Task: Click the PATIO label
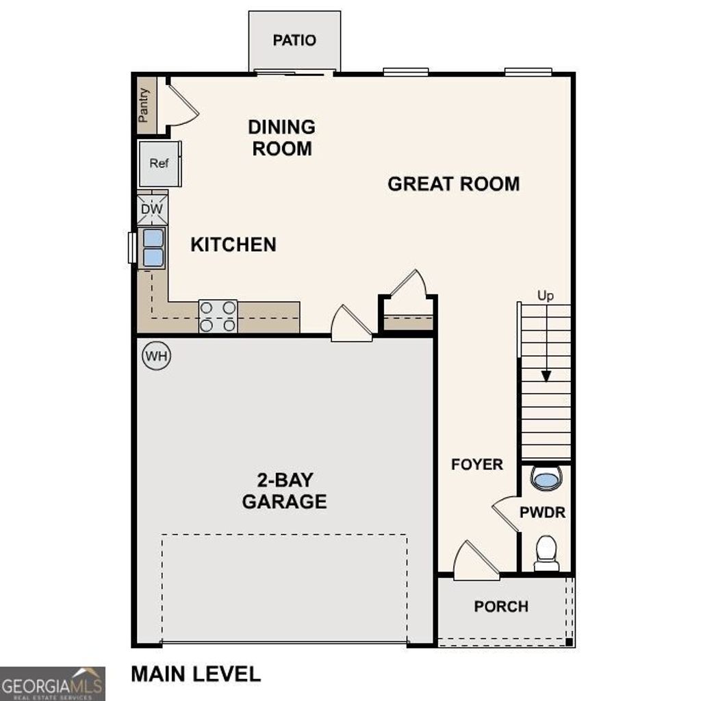[x=294, y=40]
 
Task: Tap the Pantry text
[x=144, y=105]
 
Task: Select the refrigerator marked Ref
[x=159, y=164]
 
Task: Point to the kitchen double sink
[x=153, y=247]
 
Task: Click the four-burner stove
[x=218, y=316]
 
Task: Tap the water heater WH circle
[x=156, y=356]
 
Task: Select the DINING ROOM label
[x=281, y=138]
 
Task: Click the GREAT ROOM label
[x=453, y=183]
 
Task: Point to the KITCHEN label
[x=233, y=244]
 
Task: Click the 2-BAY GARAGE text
[x=284, y=491]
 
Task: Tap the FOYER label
[x=477, y=464]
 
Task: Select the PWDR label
[x=542, y=512]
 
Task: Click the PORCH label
[x=501, y=607]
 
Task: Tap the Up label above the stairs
[x=545, y=296]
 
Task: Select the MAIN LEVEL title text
[x=196, y=674]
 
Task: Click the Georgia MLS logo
[x=53, y=683]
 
